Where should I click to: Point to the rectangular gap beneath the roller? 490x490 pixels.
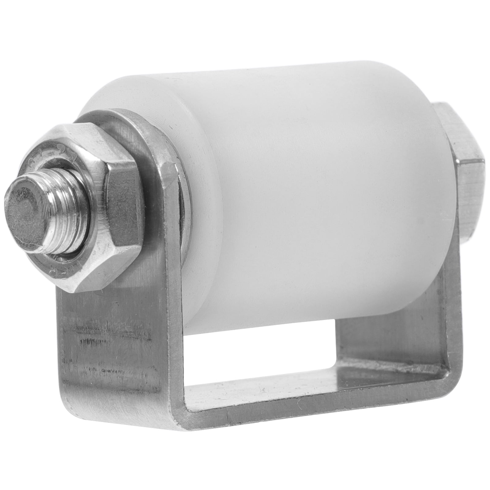click(260, 352)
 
